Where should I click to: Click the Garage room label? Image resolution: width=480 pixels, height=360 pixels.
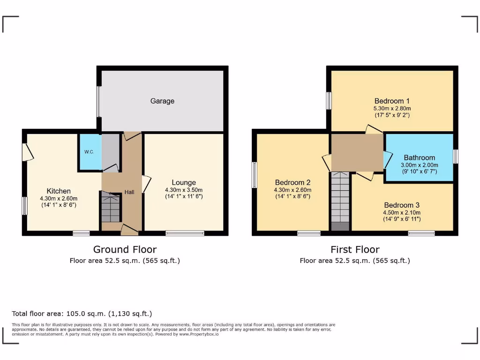[162, 101]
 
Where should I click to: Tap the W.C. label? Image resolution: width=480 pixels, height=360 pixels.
[89, 152]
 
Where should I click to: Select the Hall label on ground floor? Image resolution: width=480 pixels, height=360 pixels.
[129, 192]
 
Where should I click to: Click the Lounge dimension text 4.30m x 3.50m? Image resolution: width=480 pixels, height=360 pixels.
[184, 190]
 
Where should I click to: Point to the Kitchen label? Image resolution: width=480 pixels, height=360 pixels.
[59, 191]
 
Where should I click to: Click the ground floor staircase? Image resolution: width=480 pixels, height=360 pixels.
[111, 209]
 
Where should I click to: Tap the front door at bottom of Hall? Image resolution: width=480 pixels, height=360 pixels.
[129, 229]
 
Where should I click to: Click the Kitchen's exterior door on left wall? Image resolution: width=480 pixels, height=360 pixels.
[28, 152]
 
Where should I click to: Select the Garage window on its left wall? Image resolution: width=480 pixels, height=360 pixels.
[98, 101]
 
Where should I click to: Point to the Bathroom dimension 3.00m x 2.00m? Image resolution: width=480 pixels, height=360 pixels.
[419, 165]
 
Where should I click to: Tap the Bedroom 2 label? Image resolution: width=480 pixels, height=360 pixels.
[292, 182]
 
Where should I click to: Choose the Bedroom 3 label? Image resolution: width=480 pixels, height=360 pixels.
[402, 205]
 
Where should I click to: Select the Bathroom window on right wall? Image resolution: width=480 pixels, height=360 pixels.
[455, 157]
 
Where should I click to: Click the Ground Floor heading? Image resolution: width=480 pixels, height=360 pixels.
[125, 249]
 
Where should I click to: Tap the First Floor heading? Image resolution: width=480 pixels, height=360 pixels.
[355, 249]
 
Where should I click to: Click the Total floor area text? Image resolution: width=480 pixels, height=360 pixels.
[82, 314]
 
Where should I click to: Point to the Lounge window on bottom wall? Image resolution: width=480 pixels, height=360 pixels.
[185, 233]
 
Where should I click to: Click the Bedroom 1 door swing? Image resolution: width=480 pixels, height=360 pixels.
[374, 129]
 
